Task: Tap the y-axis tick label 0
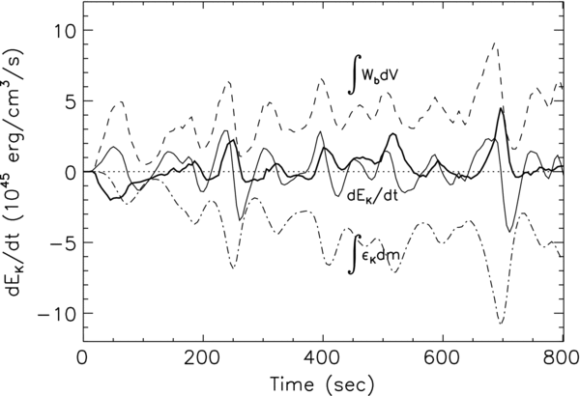(x=66, y=172)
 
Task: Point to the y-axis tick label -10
(x=54, y=315)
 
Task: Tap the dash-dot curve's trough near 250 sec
(x=233, y=268)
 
